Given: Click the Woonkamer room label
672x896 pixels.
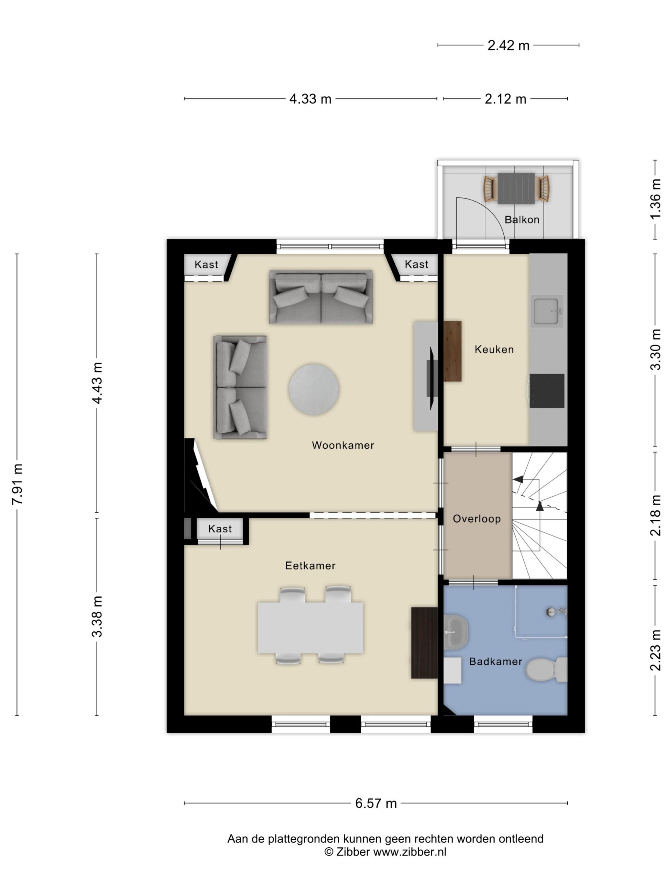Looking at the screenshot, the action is (x=343, y=445).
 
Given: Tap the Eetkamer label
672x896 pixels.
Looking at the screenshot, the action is (x=310, y=566).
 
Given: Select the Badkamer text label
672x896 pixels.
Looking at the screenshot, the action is (x=495, y=661).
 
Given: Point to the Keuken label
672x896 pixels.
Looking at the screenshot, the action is (x=494, y=349).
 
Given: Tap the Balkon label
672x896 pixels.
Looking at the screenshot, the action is (x=522, y=219).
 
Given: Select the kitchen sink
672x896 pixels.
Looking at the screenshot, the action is (x=547, y=311).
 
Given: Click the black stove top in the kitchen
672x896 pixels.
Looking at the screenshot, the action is (x=547, y=391).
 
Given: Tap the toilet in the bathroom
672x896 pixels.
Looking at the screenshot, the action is (x=546, y=670).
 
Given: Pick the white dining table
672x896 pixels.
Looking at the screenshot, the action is (x=310, y=628).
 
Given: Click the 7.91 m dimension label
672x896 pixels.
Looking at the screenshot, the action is (x=17, y=484).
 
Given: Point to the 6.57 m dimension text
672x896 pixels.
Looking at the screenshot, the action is (x=376, y=803).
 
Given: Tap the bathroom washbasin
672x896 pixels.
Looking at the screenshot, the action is (x=456, y=632).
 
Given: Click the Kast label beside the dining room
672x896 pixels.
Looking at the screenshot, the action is (x=220, y=528).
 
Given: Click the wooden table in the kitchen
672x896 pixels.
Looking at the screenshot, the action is (x=453, y=351).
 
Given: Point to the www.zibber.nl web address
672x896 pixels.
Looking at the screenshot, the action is (x=409, y=852).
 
